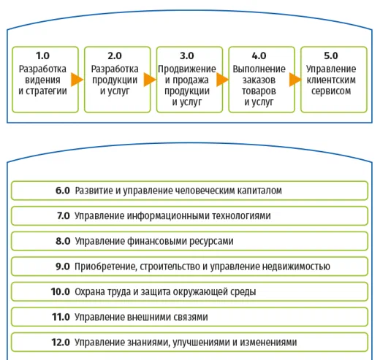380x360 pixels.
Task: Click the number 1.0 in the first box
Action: pyautogui.click(x=42, y=55)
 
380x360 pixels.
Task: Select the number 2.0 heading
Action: pyautogui.click(x=115, y=55)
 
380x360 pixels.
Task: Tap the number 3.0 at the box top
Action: pyautogui.click(x=187, y=55)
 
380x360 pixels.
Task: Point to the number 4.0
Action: pyautogui.click(x=259, y=55)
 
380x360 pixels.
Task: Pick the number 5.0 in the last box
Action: pyautogui.click(x=331, y=55)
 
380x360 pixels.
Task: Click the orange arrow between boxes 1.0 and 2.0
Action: pyautogui.click(x=77, y=80)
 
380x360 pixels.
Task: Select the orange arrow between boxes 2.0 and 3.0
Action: pyautogui.click(x=149, y=80)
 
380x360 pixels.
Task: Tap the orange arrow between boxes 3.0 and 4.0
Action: pyautogui.click(x=222, y=80)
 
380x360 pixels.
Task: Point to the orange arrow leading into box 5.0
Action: pyautogui.click(x=295, y=80)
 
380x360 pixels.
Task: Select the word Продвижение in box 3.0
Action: pyautogui.click(x=187, y=69)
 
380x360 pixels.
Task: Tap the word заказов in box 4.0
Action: pyautogui.click(x=259, y=80)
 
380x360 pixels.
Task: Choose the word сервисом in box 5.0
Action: pyautogui.click(x=331, y=91)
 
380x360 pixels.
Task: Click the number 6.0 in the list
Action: pyautogui.click(x=63, y=191)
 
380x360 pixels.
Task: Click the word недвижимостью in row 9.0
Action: pyautogui.click(x=296, y=267)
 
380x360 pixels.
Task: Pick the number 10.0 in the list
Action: pyautogui.click(x=61, y=291)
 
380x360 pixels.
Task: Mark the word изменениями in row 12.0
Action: pyautogui.click(x=268, y=342)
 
